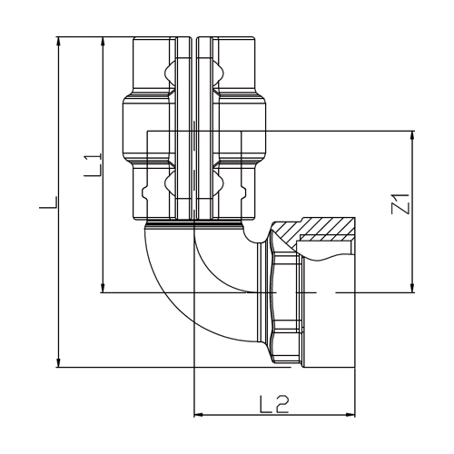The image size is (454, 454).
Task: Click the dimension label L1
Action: coord(93,165)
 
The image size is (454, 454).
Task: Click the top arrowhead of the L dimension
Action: coord(59,42)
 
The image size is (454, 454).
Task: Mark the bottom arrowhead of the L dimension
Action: coord(59,362)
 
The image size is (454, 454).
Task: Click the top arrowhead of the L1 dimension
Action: coord(104,42)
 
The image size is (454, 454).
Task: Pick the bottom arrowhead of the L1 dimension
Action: coord(104,288)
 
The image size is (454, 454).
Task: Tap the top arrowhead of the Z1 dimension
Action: coord(412,136)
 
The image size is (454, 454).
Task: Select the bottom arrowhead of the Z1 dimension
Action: coord(412,288)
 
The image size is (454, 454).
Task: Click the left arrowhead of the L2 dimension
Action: coord(199,415)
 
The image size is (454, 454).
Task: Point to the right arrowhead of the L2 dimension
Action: coord(350,415)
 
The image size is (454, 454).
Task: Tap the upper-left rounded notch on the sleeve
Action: coord(170,73)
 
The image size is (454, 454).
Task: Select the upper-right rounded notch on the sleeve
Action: coord(218,73)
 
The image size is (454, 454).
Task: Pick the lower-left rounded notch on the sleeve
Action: coord(170,183)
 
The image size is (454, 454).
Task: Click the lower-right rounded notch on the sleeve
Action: coord(218,183)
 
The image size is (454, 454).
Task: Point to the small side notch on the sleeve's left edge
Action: coord(145,192)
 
